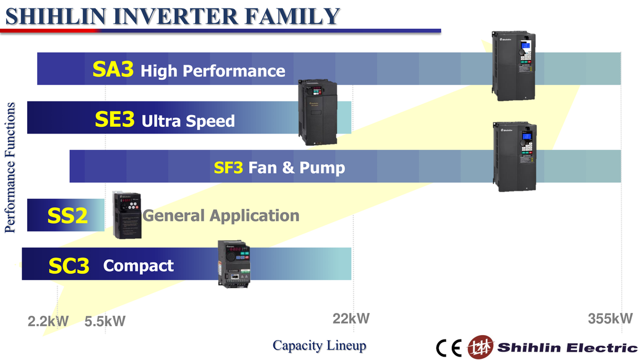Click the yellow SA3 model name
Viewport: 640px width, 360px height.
click(113, 69)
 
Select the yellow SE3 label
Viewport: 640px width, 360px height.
click(115, 119)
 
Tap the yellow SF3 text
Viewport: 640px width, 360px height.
click(229, 167)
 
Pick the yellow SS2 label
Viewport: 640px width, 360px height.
click(68, 215)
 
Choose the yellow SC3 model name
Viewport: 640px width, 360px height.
click(69, 266)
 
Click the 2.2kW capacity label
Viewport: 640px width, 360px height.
click(48, 321)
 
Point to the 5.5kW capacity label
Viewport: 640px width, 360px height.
click(105, 321)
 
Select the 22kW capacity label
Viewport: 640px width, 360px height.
click(351, 318)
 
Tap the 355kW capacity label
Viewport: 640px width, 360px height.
click(610, 318)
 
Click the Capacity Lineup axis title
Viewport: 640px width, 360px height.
click(319, 346)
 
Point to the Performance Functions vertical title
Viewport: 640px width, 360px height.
click(10, 168)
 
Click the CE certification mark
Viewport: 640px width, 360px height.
click(448, 348)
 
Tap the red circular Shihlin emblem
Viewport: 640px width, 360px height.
click(481, 347)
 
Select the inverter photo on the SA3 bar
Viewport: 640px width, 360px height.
click(513, 65)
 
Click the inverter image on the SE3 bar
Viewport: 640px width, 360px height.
click(318, 112)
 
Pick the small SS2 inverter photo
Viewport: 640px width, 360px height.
click(127, 215)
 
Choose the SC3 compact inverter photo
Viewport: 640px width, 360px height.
click(234, 264)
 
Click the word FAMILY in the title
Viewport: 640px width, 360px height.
click(292, 16)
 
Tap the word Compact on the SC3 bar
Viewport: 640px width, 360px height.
click(138, 266)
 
